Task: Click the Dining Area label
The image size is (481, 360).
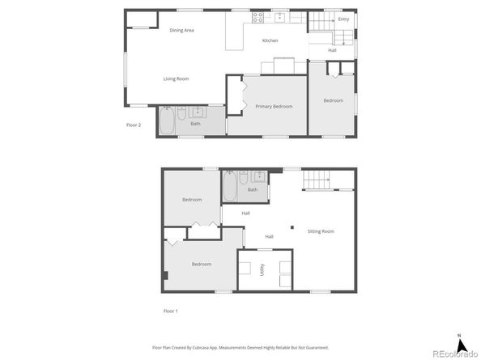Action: (x=181, y=31)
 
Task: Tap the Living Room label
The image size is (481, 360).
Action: (x=176, y=78)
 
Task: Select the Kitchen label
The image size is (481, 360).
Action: (x=270, y=40)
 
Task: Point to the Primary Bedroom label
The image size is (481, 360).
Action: (x=274, y=106)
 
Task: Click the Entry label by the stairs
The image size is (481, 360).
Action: (x=343, y=19)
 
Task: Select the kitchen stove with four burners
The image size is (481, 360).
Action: (x=258, y=16)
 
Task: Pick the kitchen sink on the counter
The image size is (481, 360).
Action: (x=281, y=16)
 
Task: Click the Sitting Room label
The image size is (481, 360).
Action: (x=321, y=231)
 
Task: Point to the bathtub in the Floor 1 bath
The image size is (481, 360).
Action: (x=231, y=188)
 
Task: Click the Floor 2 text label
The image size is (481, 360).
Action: (x=134, y=125)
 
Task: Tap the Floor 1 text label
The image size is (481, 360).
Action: (x=170, y=311)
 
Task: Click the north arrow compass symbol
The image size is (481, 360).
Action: (x=459, y=341)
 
